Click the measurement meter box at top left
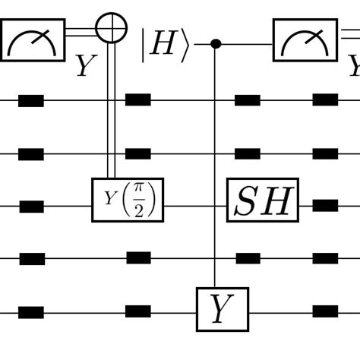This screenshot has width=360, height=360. point(33,40)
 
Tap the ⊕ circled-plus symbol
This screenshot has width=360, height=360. point(112,28)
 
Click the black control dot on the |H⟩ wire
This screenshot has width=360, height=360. point(216,44)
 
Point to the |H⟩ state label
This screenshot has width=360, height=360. point(163,44)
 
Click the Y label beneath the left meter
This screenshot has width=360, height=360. point(86,68)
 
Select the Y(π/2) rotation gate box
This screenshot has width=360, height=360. point(128,200)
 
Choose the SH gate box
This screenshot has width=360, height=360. point(263,200)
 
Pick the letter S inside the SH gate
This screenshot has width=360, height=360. point(248,201)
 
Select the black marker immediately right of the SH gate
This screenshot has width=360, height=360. point(325,205)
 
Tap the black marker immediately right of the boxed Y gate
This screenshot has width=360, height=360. point(325,311)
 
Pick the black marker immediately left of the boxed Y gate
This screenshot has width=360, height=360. point(137,311)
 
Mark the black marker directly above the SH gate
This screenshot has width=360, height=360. point(248,153)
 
